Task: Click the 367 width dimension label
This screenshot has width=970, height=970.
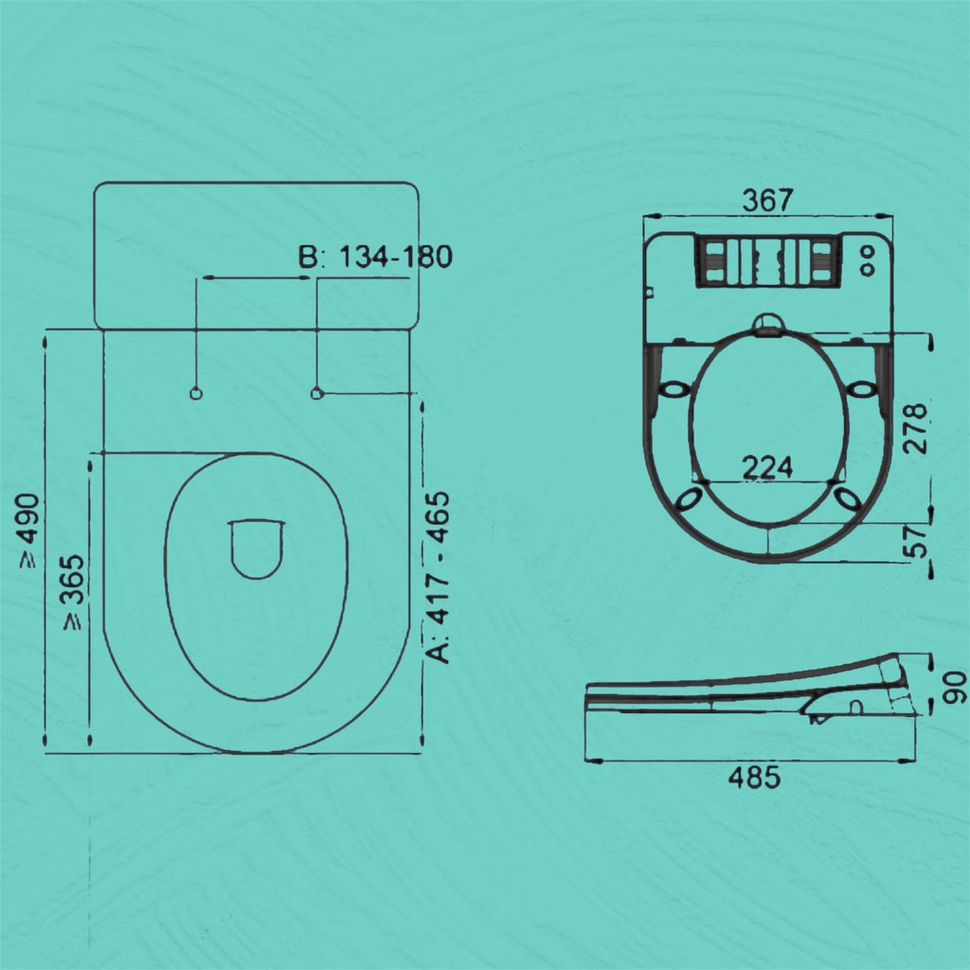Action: point(767,200)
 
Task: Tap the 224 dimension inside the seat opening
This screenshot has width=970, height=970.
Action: point(767,467)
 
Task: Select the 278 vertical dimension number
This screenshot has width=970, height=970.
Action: point(916,427)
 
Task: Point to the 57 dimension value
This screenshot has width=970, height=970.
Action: point(916,541)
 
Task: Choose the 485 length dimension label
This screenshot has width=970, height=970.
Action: point(754,778)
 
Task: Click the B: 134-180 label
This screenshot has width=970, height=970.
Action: point(375,257)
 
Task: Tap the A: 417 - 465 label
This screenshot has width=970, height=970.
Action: point(440,578)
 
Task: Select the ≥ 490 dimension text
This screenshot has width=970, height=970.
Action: point(28,530)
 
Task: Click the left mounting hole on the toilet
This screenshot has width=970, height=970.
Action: point(196,393)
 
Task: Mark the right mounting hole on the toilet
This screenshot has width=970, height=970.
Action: point(317,393)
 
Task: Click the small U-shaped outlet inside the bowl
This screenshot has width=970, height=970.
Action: point(256,548)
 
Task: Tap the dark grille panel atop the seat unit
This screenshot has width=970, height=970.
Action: point(767,260)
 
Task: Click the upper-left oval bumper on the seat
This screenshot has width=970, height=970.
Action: point(674,389)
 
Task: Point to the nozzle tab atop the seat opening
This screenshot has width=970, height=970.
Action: point(768,326)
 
